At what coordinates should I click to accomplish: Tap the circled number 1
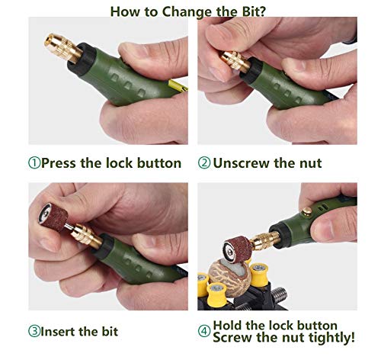pos(34,163)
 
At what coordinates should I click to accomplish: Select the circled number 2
pos(204,163)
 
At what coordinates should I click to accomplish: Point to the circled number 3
pos(34,331)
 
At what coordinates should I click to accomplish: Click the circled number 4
pos(204,331)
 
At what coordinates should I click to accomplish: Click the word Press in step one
pos(59,163)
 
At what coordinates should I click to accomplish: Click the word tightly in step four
pos(331,338)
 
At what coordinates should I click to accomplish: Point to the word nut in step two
pos(310,163)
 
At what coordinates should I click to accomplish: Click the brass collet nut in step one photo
pos(63,48)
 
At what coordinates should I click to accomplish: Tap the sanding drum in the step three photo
pos(53,217)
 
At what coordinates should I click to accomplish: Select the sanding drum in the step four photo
pos(238,249)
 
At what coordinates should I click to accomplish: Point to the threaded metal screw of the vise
pos(279,295)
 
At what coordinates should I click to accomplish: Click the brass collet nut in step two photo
pos(235,62)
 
